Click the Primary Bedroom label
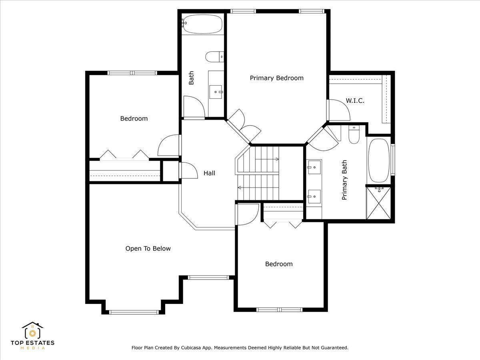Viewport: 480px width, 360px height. pos(277,78)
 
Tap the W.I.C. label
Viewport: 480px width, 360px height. pos(355,101)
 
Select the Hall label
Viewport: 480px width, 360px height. pos(209,173)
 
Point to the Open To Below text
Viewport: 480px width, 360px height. pos(148,248)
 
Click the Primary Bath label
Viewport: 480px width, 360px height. pos(344,180)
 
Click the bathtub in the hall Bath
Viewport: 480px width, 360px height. pos(203,24)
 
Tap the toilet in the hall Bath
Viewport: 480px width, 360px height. pos(214,57)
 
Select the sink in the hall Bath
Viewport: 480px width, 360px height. pos(215,92)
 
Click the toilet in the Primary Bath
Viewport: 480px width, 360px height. pos(354,134)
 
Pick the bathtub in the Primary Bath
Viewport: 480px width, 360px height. pos(379,160)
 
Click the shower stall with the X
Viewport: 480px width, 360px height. pos(378,203)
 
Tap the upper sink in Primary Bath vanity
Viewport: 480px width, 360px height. pos(315,167)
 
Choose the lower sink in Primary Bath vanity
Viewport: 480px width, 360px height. pos(314,196)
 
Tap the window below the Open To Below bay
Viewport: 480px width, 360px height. pos(134,312)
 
